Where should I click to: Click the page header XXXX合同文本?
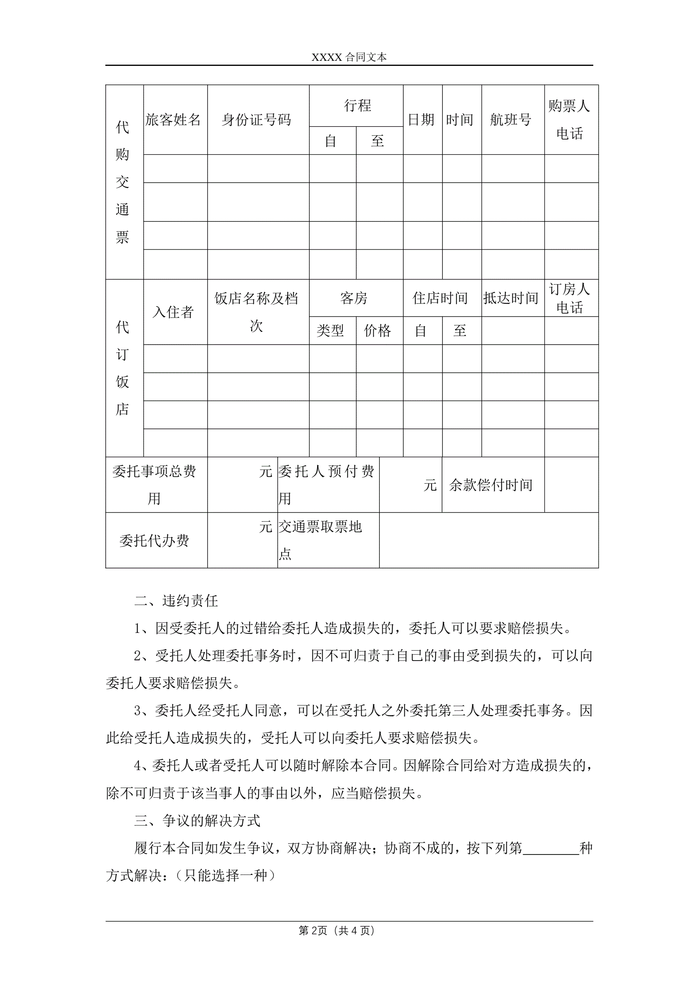point(349,57)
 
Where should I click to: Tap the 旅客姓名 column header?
point(173,120)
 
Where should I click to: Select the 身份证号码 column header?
point(256,120)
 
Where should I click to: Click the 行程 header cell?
point(357,105)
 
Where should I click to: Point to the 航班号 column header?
point(511,120)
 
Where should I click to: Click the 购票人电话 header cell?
point(569,120)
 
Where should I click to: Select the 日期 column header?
point(421,120)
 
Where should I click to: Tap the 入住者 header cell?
point(173,312)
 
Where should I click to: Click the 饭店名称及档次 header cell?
point(256,312)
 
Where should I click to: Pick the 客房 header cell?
point(354,298)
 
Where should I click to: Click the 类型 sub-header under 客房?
point(331,331)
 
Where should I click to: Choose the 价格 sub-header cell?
point(377,331)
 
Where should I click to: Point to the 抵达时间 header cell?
point(511,298)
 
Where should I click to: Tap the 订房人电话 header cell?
point(569,298)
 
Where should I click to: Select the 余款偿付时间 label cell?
point(491,485)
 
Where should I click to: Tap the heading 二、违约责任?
point(177,601)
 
